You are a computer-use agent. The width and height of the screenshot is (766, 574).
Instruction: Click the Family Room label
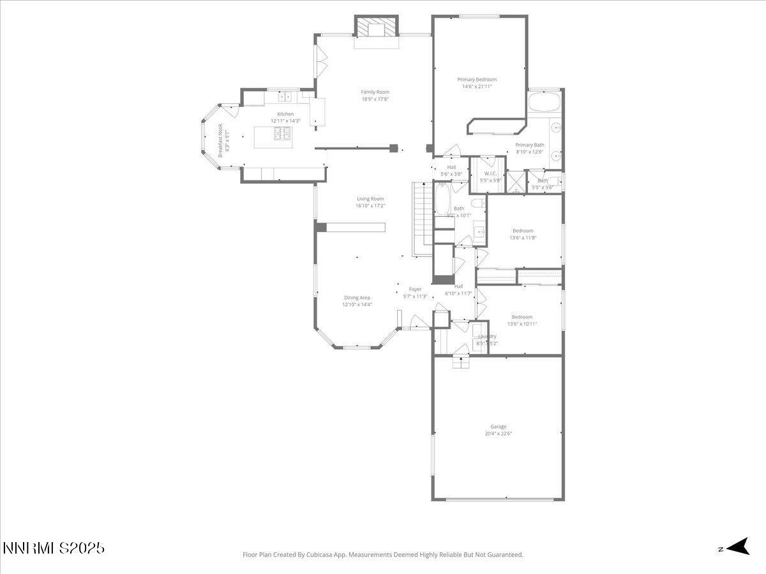click(375, 92)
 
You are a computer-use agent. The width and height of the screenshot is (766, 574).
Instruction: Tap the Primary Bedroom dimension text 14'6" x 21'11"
click(477, 86)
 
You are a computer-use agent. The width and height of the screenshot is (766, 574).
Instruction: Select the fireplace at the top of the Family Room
click(376, 28)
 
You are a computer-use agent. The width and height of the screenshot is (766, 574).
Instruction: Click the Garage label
click(498, 427)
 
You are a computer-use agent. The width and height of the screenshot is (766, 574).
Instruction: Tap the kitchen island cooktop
click(282, 133)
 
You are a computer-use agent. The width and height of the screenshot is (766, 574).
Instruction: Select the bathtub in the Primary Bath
click(544, 102)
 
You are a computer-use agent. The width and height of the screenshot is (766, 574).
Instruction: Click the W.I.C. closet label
click(490, 173)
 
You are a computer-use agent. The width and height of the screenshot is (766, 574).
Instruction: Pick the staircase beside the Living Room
click(422, 217)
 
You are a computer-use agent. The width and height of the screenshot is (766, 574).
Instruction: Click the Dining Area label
click(357, 298)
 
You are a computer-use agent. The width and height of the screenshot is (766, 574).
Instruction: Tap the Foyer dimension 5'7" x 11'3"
click(415, 296)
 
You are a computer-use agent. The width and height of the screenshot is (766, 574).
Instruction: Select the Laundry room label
click(487, 336)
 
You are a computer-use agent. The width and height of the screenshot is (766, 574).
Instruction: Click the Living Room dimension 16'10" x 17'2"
click(370, 206)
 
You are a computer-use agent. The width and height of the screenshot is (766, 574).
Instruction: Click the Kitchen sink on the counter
click(285, 97)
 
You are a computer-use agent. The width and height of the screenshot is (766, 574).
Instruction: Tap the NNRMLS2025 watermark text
click(54, 548)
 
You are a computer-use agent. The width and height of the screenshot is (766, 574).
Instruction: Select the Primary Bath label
click(529, 145)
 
